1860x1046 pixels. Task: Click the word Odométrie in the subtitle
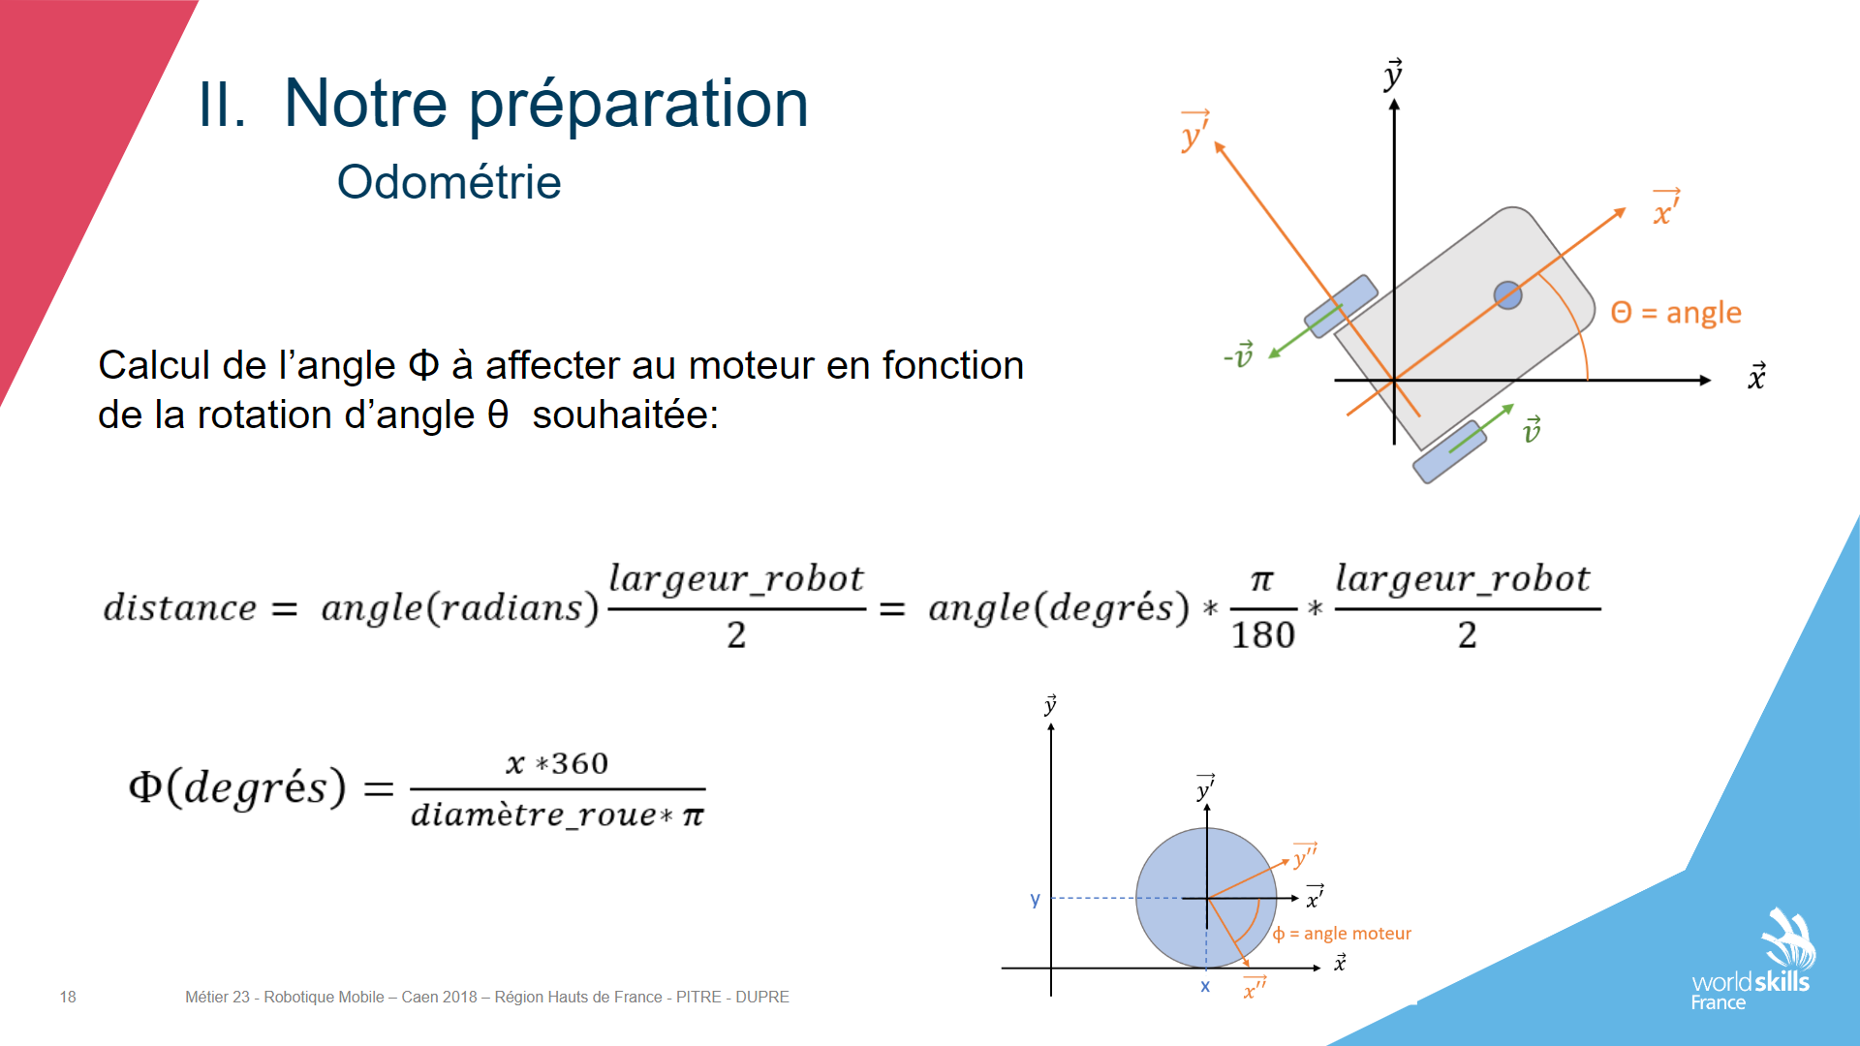449,182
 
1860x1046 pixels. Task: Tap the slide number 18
68,997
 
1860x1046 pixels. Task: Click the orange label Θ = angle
1676,313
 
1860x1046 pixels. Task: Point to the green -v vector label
1239,355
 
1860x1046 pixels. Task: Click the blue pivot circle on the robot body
1507,295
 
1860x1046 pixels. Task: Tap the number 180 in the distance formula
1263,635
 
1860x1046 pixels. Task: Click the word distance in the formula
180,608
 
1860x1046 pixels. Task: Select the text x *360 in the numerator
557,763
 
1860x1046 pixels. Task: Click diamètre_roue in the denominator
534,815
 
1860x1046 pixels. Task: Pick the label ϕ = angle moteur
1342,934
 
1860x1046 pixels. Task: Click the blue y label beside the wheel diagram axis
1036,900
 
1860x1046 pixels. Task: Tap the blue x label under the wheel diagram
1205,986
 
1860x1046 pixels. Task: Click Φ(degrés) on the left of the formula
237,787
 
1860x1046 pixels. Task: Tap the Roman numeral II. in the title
222,105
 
